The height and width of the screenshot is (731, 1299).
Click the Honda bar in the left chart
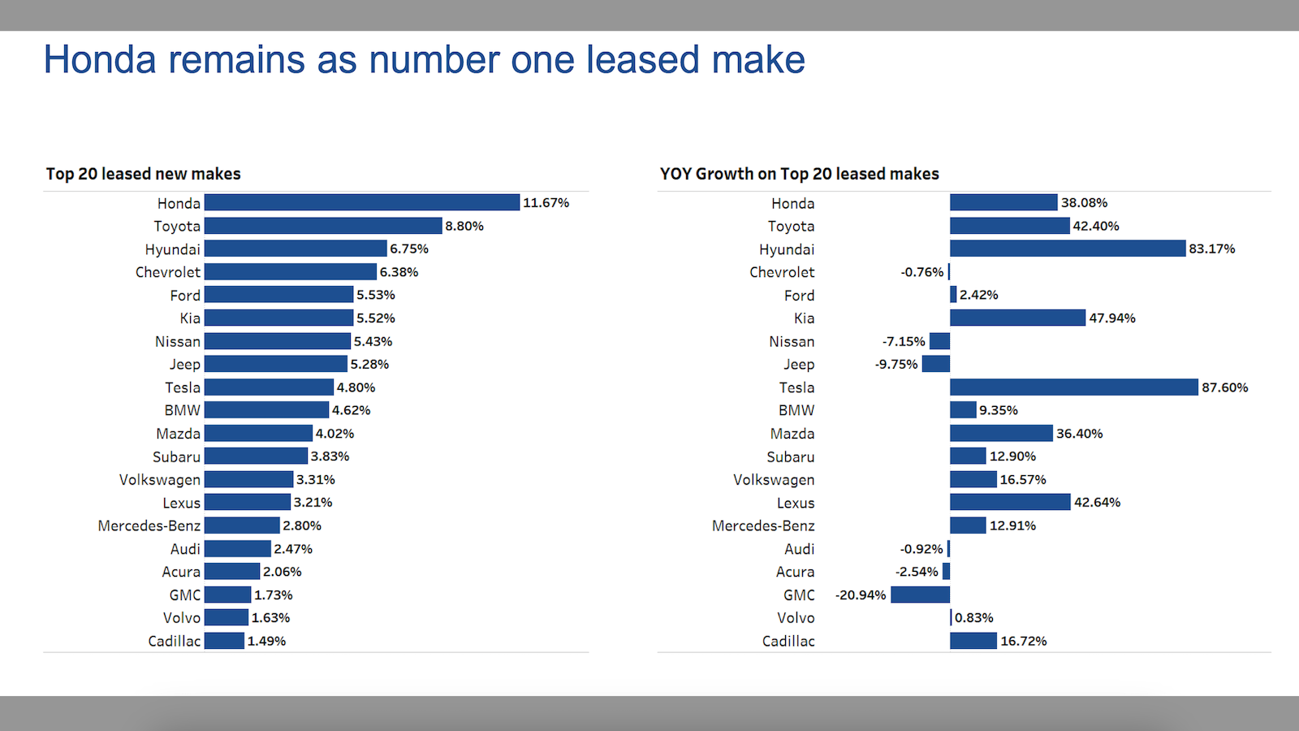pyautogui.click(x=362, y=202)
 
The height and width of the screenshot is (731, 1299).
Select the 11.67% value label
pyautogui.click(x=546, y=202)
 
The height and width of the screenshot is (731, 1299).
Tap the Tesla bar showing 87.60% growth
pyautogui.click(x=1073, y=387)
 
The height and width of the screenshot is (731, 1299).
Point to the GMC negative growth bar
pyautogui.click(x=920, y=595)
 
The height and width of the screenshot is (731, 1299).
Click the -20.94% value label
pyautogui.click(x=861, y=595)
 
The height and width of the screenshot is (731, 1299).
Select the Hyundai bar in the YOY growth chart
pyautogui.click(x=1067, y=249)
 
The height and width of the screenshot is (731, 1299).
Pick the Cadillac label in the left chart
pyautogui.click(x=174, y=641)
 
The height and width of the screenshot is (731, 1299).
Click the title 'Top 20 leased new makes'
pyautogui.click(x=143, y=174)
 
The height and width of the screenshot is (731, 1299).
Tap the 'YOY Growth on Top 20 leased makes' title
pyautogui.click(x=799, y=174)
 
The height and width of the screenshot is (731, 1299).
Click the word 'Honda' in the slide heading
pyautogui.click(x=99, y=60)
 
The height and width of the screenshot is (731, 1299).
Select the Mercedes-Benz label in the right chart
pyautogui.click(x=763, y=526)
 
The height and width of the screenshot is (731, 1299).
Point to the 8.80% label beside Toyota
pyautogui.click(x=464, y=226)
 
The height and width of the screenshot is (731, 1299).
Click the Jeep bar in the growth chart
pyautogui.click(x=935, y=364)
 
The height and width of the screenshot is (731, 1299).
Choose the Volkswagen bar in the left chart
pyautogui.click(x=248, y=479)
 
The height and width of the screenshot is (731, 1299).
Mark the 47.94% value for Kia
pyautogui.click(x=1111, y=318)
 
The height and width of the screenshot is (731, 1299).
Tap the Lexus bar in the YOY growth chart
pyautogui.click(x=1010, y=502)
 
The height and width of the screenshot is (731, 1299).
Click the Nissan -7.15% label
pyautogui.click(x=904, y=341)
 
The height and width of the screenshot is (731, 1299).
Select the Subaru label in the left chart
pyautogui.click(x=176, y=456)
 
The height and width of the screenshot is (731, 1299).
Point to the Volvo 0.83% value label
pyautogui.click(x=973, y=617)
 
